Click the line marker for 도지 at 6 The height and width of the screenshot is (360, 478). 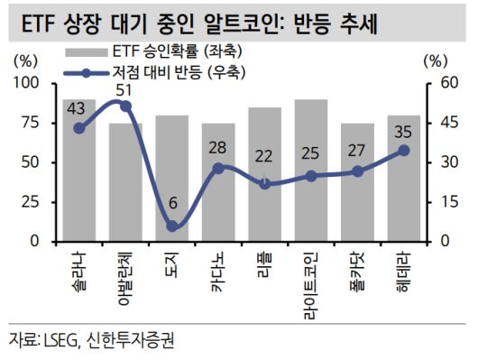tap(171, 226)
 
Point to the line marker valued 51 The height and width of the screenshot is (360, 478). tap(125, 106)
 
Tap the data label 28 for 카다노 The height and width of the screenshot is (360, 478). tap(217, 148)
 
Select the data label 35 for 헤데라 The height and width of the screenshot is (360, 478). tap(403, 132)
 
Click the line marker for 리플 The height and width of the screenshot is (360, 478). tap(264, 183)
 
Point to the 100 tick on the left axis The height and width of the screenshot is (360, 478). tap(31, 83)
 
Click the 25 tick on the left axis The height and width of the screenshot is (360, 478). tap(35, 202)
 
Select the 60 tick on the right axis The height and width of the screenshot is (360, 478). tap(438, 83)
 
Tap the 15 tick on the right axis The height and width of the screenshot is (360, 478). tap(438, 202)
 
